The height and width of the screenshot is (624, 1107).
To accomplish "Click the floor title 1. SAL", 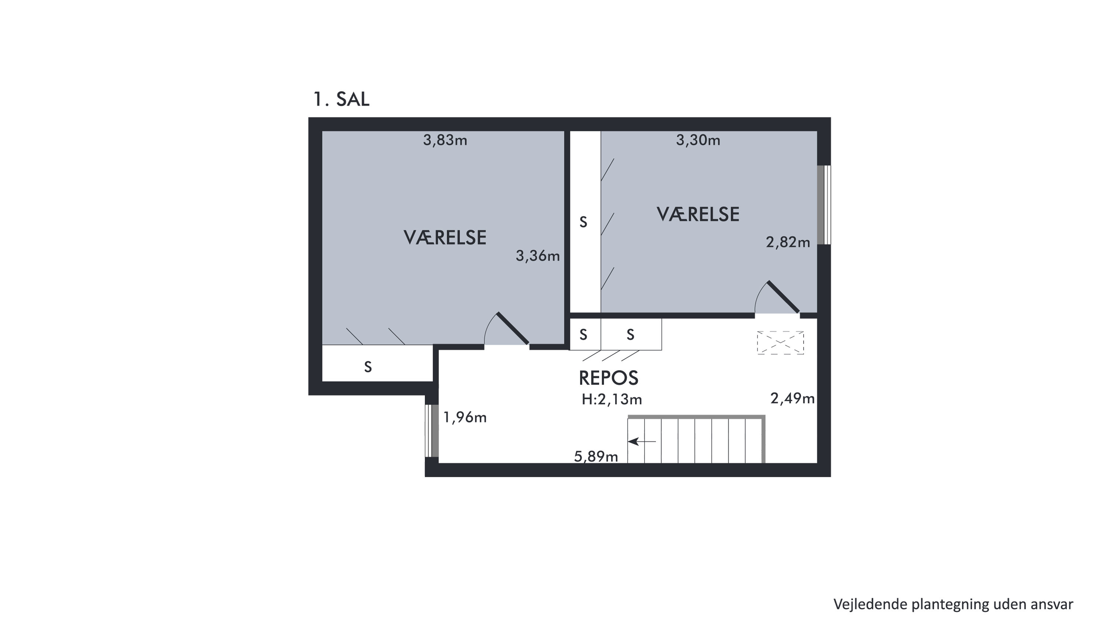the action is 341,99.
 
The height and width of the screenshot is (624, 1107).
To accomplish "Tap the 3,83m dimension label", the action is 445,140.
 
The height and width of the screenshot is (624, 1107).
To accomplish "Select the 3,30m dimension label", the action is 698,140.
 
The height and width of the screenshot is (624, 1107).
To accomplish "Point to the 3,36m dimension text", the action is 537,256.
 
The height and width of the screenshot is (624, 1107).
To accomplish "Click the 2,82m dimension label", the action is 788,243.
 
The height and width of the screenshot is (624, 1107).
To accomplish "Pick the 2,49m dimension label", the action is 793,399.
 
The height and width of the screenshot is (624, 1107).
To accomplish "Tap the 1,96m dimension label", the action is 465,417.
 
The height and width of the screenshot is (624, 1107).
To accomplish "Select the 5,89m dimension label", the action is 596,456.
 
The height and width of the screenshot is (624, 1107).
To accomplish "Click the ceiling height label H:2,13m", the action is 612,399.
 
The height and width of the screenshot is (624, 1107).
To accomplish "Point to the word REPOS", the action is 609,378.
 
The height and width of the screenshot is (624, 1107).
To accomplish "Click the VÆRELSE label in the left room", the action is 445,238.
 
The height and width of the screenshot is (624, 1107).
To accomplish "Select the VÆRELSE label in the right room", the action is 698,214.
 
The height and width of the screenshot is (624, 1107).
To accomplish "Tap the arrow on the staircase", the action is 642,441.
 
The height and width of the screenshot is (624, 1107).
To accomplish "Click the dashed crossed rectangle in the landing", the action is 780,343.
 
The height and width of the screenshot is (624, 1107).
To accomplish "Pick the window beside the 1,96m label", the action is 432,431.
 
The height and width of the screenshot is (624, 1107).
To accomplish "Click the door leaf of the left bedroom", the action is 513,328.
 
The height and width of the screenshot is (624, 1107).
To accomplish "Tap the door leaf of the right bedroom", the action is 783,297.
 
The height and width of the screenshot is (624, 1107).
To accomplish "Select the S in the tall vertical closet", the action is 583,222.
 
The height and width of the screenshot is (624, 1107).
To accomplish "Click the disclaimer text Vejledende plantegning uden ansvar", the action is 953,604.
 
